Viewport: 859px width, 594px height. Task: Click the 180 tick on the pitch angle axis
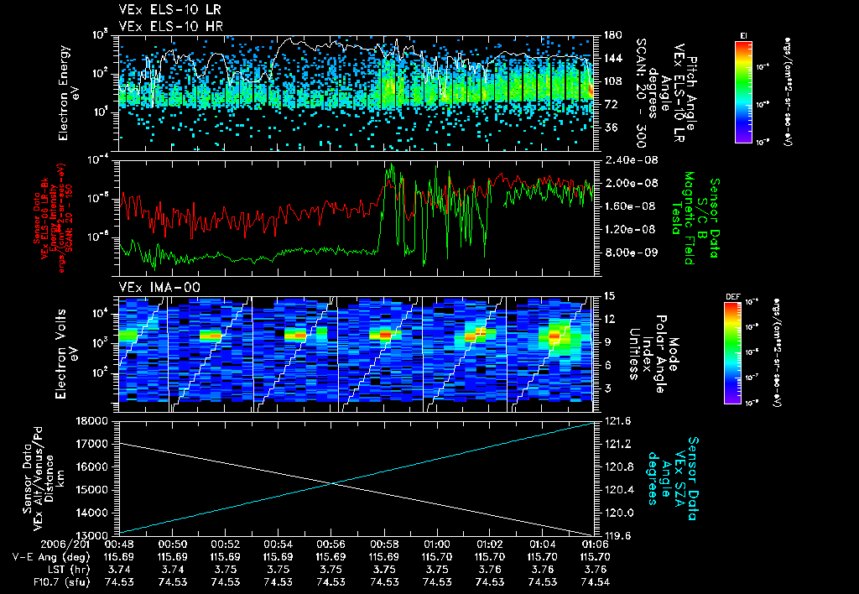(x=611, y=35)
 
